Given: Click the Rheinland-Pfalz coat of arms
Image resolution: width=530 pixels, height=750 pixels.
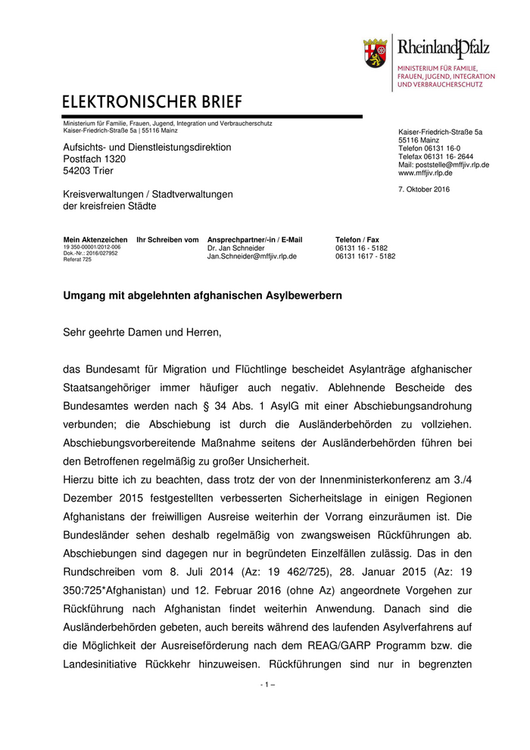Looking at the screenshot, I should (x=376, y=54).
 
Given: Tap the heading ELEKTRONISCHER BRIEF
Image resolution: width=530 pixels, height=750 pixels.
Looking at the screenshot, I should (x=152, y=102).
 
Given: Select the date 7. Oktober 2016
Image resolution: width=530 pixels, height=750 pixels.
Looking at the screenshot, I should (x=424, y=189).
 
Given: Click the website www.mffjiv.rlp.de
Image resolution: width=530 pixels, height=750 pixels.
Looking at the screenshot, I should (x=426, y=173).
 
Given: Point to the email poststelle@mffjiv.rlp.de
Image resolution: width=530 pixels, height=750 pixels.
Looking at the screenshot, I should (x=444, y=164).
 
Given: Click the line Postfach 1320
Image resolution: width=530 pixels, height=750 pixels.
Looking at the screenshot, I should (x=95, y=159).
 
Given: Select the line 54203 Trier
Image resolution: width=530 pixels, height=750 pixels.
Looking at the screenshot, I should (x=88, y=171).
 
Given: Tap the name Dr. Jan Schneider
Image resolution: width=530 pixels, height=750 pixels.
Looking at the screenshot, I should (x=236, y=248).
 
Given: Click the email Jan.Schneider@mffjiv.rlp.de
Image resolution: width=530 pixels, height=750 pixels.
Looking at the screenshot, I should (x=252, y=256).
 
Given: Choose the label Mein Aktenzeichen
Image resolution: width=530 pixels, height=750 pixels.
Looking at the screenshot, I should (x=95, y=239).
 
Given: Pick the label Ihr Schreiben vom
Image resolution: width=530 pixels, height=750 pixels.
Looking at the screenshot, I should (x=167, y=239).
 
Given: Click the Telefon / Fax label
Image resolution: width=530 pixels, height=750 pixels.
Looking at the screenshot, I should (x=357, y=239).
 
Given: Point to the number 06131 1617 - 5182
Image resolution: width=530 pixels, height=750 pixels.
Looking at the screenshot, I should (x=365, y=256).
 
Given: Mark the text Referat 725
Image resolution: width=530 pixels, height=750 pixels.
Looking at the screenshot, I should (x=77, y=259).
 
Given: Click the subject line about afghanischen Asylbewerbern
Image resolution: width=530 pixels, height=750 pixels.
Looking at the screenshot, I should (x=202, y=296).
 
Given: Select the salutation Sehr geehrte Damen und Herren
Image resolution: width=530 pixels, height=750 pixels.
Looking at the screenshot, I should (x=142, y=331).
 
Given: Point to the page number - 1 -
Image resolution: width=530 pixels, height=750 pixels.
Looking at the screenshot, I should (x=267, y=684).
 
